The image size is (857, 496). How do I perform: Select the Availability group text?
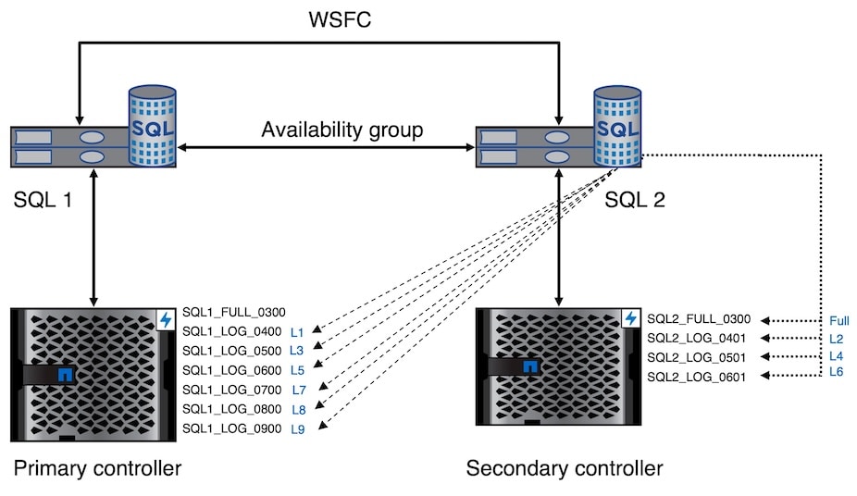pos(342,130)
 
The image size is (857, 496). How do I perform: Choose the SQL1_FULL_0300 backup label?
pos(234,312)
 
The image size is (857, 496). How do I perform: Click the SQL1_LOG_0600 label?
pos(230,370)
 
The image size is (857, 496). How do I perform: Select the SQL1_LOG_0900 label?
pos(230,428)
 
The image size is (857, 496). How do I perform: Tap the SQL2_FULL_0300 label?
pos(699,318)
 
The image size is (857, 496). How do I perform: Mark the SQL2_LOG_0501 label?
pos(695,357)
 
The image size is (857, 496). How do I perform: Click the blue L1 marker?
pos(297,331)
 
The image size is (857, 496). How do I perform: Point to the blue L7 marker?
pos(298,390)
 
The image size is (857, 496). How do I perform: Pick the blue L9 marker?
pos(298,428)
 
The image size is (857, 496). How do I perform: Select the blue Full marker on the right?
pos(838,321)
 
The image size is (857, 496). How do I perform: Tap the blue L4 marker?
pos(837,357)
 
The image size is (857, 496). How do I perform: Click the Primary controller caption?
pos(97,468)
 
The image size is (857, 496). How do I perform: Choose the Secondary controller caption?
pos(565,468)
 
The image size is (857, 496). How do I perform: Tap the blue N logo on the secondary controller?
pos(530,367)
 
